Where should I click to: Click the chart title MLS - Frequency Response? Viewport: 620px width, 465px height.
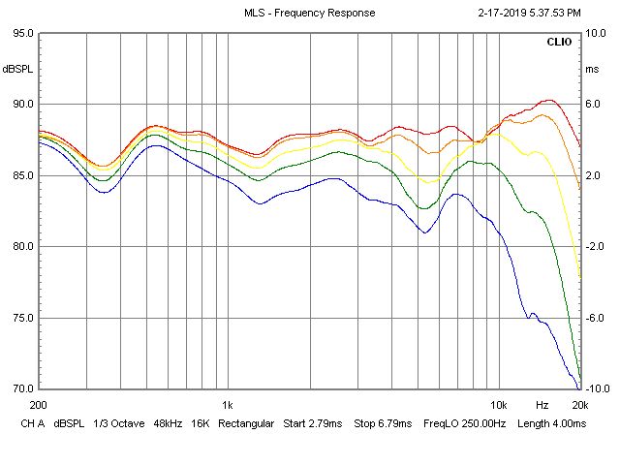tap(309, 13)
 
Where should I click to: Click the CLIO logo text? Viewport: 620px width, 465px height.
tap(559, 43)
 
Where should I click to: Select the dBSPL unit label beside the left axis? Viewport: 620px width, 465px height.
tap(17, 69)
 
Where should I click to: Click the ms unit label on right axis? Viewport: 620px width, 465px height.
tap(592, 69)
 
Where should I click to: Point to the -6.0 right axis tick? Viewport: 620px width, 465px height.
tap(596, 318)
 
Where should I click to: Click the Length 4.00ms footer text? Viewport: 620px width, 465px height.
tap(551, 424)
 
